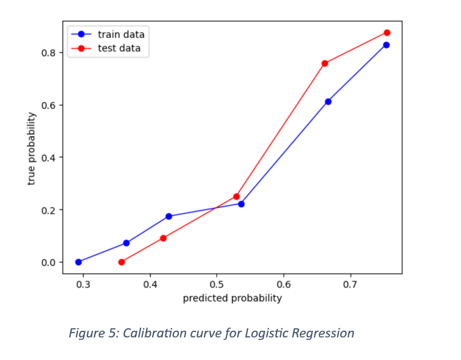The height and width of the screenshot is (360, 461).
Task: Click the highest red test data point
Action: coord(387,33)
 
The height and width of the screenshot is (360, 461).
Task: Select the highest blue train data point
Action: coord(387,45)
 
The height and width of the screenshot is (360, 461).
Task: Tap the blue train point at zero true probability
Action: coord(78,262)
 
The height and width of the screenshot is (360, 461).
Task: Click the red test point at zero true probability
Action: coord(122,262)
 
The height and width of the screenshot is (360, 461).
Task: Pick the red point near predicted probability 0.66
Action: coord(325,63)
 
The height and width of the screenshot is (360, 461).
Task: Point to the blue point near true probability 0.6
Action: coord(328,101)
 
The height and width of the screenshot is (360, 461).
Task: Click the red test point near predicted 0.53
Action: coord(236,196)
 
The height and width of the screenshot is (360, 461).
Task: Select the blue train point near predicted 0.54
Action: coord(241,204)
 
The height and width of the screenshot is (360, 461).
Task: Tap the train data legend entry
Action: coord(121,35)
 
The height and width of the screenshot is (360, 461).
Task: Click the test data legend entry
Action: coord(119,49)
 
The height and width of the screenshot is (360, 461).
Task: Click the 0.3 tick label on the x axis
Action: coord(83,284)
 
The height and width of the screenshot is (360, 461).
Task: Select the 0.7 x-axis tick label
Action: coord(349,284)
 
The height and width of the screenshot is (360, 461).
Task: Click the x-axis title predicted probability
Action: coord(232,298)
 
